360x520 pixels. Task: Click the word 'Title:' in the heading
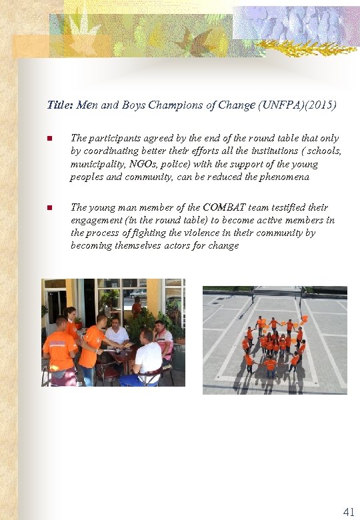click(x=61, y=105)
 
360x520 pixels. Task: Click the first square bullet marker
click(x=49, y=139)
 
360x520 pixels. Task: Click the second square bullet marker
click(x=49, y=208)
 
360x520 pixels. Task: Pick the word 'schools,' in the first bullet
click(x=324, y=151)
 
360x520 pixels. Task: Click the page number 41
click(x=348, y=512)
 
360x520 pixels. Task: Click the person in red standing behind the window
click(x=136, y=307)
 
